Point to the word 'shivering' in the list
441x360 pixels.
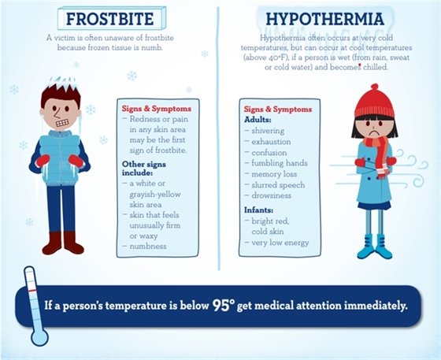click(269, 131)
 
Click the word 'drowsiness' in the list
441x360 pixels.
click(274, 193)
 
